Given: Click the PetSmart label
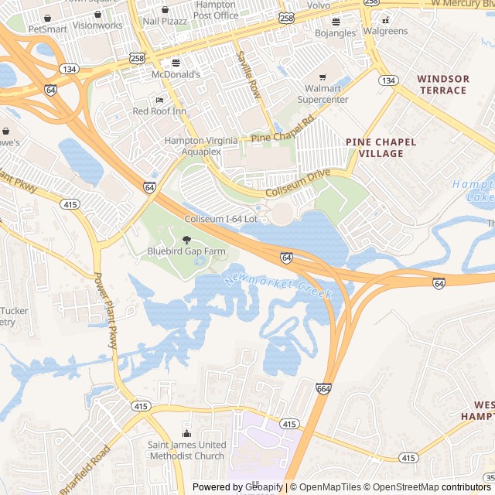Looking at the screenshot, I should (x=47, y=29).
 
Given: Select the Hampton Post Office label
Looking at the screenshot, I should (x=216, y=10).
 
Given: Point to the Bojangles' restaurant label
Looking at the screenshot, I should (x=336, y=33).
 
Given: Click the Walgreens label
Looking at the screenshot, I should (x=385, y=31).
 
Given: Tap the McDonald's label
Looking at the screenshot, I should (x=176, y=74).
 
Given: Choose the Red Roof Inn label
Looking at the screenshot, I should (x=159, y=111).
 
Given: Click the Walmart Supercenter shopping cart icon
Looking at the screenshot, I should (x=323, y=77).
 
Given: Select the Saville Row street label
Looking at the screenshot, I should (x=249, y=75).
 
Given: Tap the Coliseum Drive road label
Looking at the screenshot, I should (x=298, y=183).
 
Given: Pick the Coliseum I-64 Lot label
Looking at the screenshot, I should (x=220, y=219).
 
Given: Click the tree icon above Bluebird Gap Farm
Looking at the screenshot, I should (x=186, y=240).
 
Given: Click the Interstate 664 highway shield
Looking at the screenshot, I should (x=323, y=388).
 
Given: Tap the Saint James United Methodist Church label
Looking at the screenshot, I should (x=187, y=450).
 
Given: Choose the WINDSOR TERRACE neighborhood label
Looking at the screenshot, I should (x=442, y=84).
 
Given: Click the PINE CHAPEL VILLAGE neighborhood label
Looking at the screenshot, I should (x=381, y=148).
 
